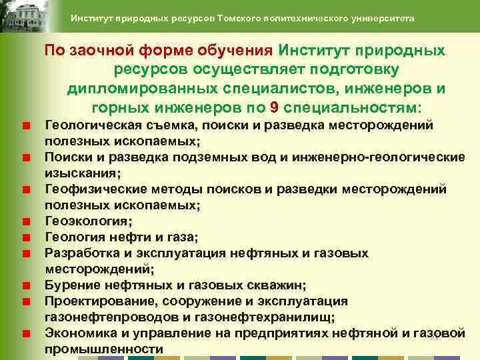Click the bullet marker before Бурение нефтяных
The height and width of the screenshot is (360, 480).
pyautogui.click(x=25, y=285)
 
